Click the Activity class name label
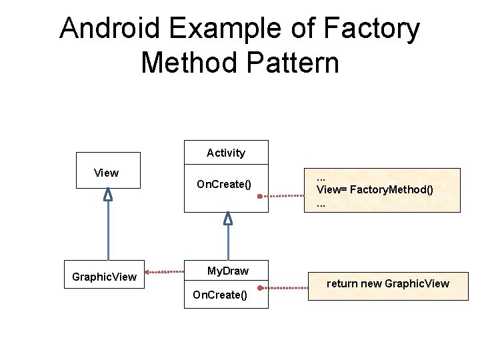pyautogui.click(x=226, y=153)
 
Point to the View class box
pyautogui.click(x=107, y=171)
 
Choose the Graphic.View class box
pyautogui.click(x=104, y=274)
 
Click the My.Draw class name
pyautogui.click(x=227, y=271)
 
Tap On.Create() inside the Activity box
pyautogui.click(x=224, y=184)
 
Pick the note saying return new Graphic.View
pyautogui.click(x=388, y=283)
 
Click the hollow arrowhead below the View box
pyautogui.click(x=108, y=195)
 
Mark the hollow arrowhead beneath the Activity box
pyautogui.click(x=228, y=218)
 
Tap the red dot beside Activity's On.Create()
pyautogui.click(x=260, y=197)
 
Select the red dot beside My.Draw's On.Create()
pyautogui.click(x=261, y=288)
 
